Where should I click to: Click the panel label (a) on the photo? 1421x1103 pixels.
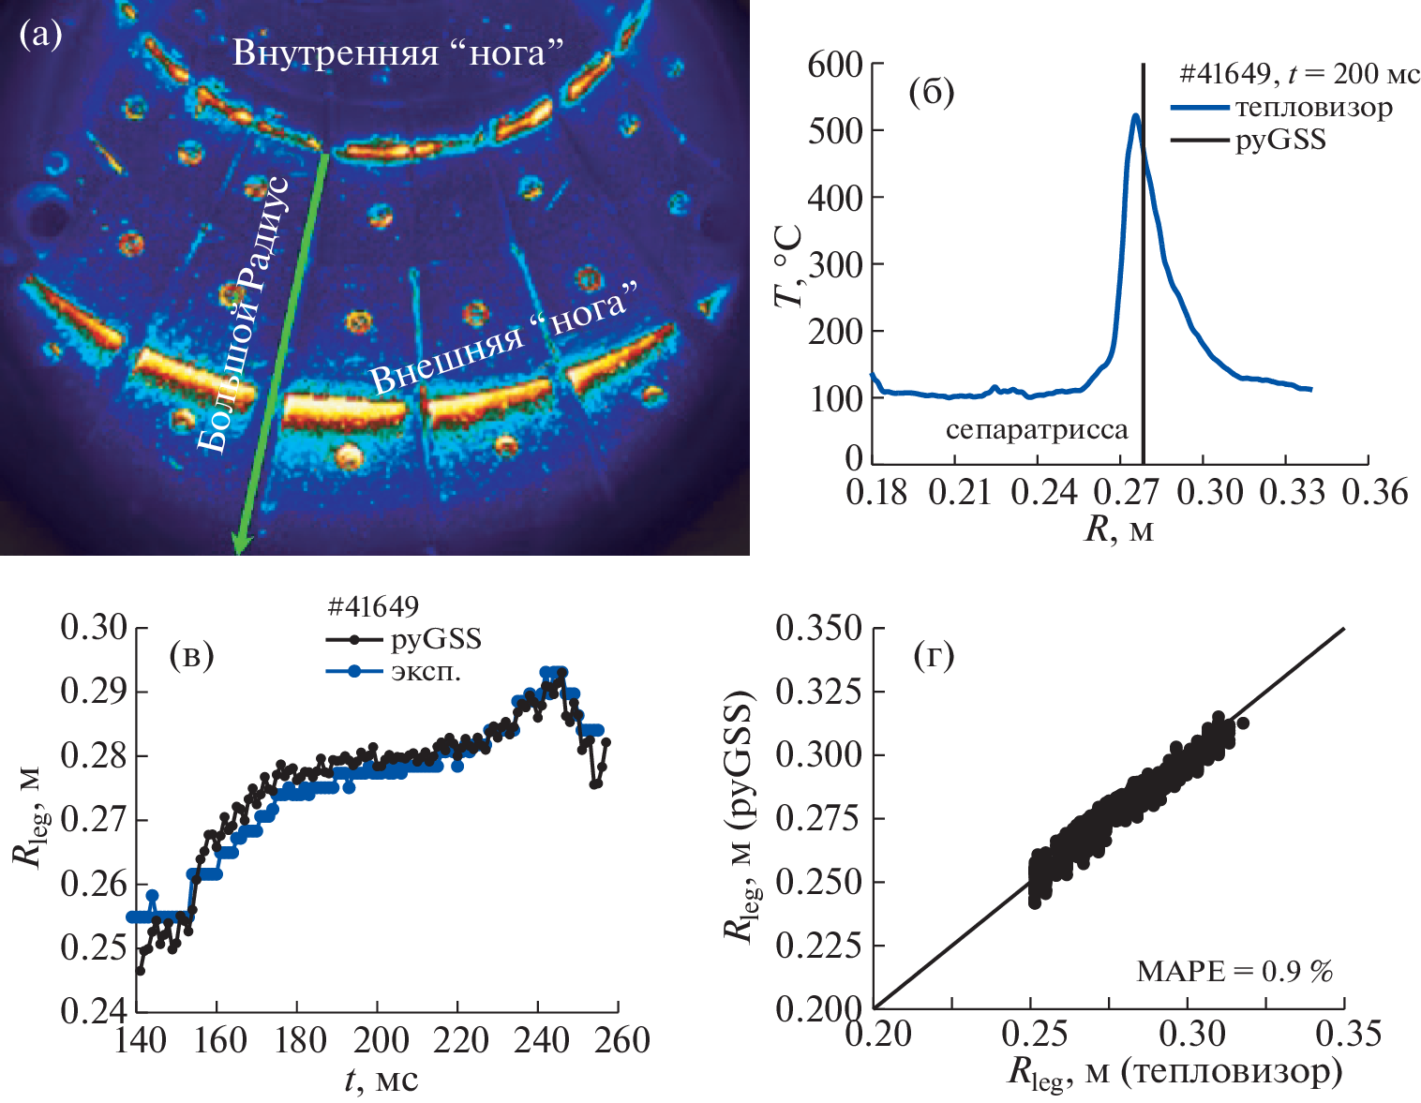point(39,36)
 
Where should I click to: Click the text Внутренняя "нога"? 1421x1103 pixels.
point(398,52)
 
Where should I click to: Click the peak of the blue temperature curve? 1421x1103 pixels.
point(1135,116)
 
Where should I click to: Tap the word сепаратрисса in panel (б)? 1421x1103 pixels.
point(1037,430)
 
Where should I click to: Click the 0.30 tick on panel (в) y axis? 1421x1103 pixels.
point(93,628)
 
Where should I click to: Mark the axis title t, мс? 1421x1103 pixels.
point(381,1081)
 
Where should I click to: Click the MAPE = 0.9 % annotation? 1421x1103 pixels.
point(1234,971)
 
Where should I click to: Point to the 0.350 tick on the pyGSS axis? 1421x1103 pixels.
point(817,629)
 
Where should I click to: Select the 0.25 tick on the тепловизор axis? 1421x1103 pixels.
point(1033,1034)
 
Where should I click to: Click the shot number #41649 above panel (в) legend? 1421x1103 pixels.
point(373,607)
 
